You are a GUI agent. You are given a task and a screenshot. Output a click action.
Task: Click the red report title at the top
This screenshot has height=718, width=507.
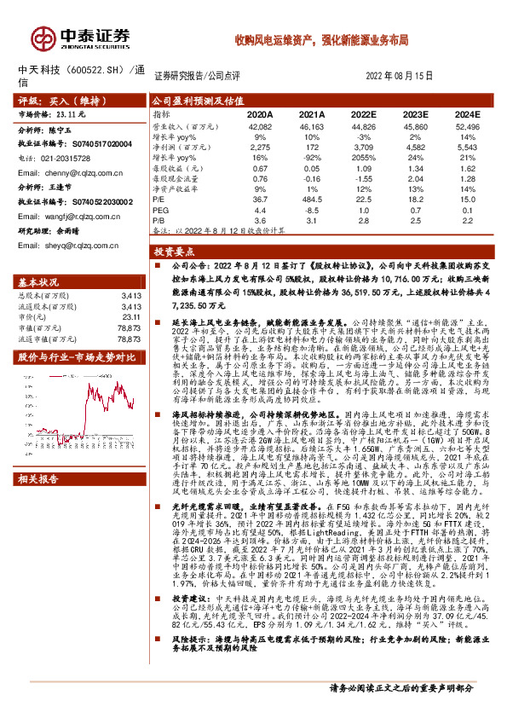click(x=322, y=40)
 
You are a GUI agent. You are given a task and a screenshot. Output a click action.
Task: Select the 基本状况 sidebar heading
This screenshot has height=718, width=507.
click(x=38, y=282)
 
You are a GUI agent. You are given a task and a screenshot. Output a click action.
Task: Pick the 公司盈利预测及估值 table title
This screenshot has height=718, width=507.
click(x=193, y=100)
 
